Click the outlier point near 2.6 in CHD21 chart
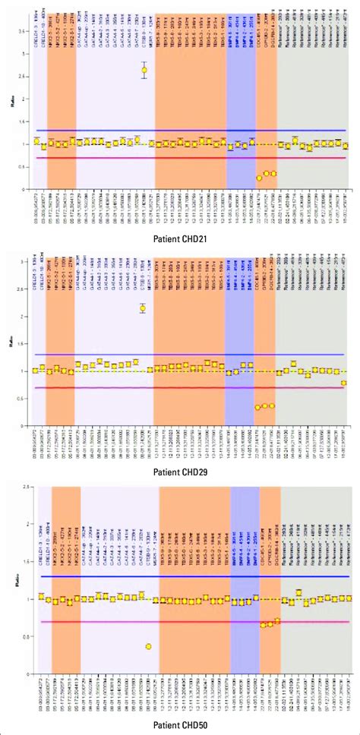click(144, 71)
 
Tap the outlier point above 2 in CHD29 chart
click(143, 308)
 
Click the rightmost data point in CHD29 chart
click(344, 383)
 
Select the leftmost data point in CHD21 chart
click(36, 141)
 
